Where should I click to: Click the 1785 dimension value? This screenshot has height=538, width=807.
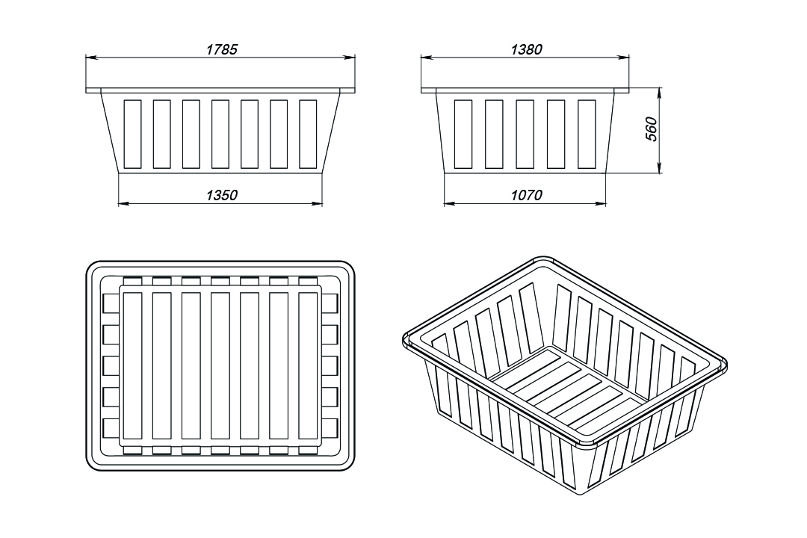[222, 49]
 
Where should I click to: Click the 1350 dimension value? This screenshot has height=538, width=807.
[222, 195]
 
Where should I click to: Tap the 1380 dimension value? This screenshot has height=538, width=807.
[527, 49]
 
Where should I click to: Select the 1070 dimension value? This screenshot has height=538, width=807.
[527, 195]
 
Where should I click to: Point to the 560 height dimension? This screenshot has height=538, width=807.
[651, 129]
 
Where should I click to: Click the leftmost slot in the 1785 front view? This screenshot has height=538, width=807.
[132, 134]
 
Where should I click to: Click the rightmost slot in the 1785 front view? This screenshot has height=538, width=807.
[308, 134]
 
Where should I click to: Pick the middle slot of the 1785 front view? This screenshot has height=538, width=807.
[220, 134]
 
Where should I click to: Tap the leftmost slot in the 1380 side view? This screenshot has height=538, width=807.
[463, 134]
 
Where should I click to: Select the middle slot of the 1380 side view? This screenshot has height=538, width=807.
[525, 134]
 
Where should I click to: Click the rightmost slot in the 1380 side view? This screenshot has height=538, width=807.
[587, 134]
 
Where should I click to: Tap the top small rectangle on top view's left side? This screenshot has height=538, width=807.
[111, 303]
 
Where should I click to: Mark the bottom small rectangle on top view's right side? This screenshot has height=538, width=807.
[330, 428]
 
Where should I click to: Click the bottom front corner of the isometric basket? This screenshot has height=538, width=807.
[580, 494]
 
